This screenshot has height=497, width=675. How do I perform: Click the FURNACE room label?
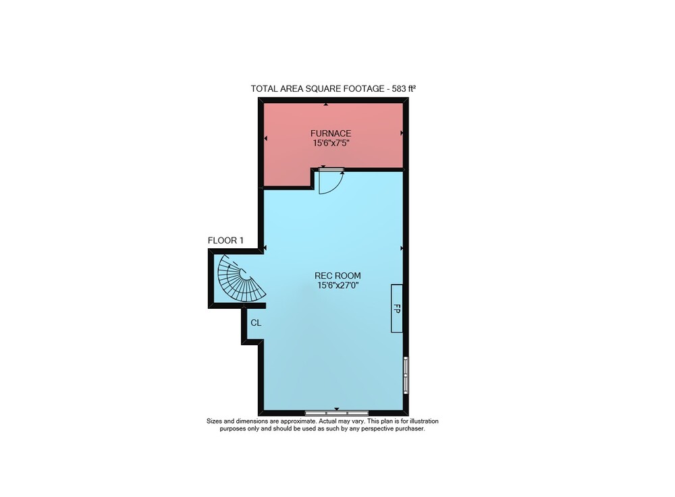[331, 134]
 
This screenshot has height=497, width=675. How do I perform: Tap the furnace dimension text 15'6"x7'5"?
[331, 143]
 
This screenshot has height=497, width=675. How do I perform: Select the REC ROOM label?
[337, 276]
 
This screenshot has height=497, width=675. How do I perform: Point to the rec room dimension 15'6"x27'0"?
[338, 285]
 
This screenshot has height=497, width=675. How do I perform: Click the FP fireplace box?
[397, 308]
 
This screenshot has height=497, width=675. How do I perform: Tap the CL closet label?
[256, 322]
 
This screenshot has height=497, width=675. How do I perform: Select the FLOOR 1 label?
[225, 240]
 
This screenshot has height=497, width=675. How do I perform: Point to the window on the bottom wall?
[337, 413]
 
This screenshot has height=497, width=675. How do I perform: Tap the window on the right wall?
[406, 374]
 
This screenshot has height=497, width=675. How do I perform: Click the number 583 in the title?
[399, 89]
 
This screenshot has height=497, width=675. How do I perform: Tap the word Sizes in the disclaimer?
[215, 421]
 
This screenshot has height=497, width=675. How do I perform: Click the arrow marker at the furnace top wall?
[326, 104]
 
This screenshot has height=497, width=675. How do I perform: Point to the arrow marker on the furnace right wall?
[402, 134]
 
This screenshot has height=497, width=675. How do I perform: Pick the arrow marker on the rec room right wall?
[402, 248]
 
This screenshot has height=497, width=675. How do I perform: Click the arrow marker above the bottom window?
[337, 409]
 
